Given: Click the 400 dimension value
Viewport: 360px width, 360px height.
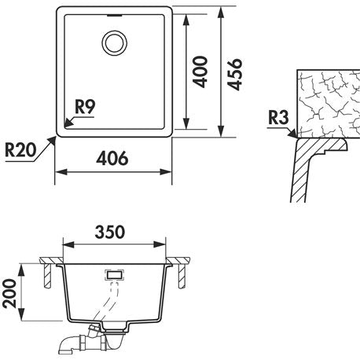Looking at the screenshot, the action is click(200, 72).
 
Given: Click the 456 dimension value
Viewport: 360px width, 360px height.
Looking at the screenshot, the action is click(235, 75).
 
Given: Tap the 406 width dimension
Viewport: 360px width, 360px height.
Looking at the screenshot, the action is click(112, 158).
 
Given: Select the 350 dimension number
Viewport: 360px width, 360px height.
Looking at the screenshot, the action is click(110, 232).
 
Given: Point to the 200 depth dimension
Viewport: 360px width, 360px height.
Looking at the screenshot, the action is click(9, 293).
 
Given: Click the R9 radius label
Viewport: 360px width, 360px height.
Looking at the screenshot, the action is click(85, 107).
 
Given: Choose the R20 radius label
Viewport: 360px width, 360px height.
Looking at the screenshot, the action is click(20, 150).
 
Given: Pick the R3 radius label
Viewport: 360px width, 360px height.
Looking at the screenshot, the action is click(278, 118).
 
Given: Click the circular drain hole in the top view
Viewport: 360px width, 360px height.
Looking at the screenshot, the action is click(115, 43).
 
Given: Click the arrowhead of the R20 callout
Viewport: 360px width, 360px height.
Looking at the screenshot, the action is click(53, 141).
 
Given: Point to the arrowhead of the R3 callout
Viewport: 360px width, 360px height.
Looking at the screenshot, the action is click(292, 134).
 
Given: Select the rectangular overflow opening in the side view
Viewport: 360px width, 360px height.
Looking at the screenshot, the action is click(115, 275).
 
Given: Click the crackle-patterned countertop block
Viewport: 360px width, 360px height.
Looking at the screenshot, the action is click(329, 104).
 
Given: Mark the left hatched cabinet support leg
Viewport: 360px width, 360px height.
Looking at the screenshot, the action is click(46, 276).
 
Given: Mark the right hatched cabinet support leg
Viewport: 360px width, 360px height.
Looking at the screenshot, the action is click(182, 276).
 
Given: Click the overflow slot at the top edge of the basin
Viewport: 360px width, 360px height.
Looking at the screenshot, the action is click(115, 16).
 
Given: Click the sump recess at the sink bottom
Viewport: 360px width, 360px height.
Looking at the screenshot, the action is click(116, 327).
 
